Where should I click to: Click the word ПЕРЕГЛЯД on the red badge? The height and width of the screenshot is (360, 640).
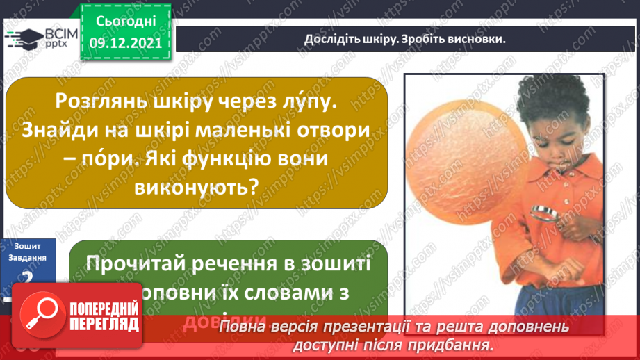point(103,325)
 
